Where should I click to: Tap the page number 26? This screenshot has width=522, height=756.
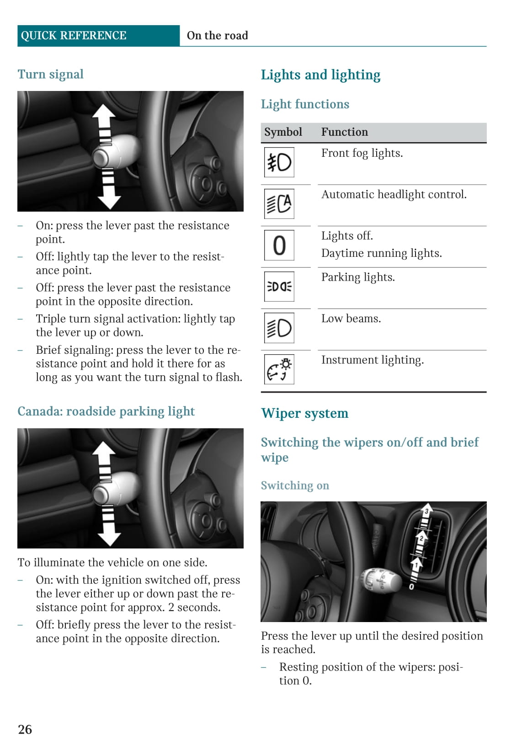coord(25,729)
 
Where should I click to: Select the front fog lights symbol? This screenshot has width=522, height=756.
coord(279,162)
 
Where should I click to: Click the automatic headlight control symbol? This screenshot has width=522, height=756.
coord(279,204)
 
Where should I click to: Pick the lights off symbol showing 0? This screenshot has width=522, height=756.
coord(279,245)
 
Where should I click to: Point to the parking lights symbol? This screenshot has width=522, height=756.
coord(279,287)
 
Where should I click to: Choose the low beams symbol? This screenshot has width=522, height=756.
coord(279,328)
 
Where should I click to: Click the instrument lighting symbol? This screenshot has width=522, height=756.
coord(279,369)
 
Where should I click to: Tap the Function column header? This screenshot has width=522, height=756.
coord(344,132)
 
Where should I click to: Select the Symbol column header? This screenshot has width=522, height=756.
coord(283,132)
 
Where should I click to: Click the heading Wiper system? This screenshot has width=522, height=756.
coord(304,413)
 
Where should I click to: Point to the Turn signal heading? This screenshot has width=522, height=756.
coord(50,75)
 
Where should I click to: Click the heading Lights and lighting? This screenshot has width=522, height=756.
coord(320,75)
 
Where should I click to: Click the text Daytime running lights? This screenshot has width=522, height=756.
coord(381,253)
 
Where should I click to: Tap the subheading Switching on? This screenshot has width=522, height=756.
coord(295,485)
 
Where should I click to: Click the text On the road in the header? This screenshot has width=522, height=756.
coord(217,36)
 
